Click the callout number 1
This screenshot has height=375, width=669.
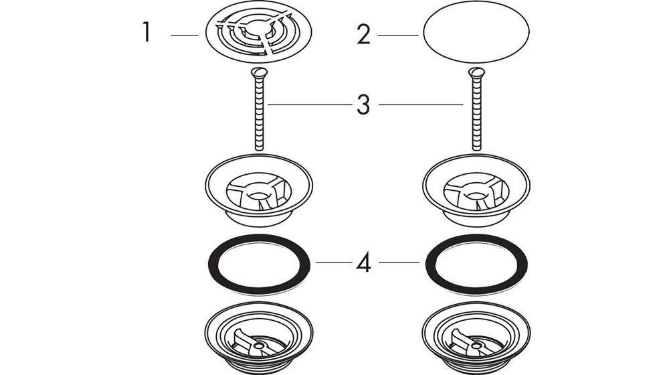click(x=147, y=32)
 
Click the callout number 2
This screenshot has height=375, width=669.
click(x=363, y=35)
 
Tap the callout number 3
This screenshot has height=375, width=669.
click(x=363, y=105)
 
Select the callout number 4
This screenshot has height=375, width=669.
click(x=363, y=263)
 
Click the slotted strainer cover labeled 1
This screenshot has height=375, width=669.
click(x=258, y=33)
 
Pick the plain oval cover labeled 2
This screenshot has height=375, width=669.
click(x=476, y=32)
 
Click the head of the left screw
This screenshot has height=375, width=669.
click(x=259, y=72)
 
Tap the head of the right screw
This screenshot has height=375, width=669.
click(x=476, y=72)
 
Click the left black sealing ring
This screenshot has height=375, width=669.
click(x=213, y=265)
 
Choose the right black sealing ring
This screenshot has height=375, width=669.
click(x=430, y=265)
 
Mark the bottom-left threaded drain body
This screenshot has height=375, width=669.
click(x=258, y=337)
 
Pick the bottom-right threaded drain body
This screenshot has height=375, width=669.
click(x=476, y=337)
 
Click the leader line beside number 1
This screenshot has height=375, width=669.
click(x=185, y=35)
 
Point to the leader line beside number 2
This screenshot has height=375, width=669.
click(x=398, y=35)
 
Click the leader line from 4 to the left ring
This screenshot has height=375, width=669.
click(x=334, y=262)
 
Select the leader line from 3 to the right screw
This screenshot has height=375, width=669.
click(x=421, y=104)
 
